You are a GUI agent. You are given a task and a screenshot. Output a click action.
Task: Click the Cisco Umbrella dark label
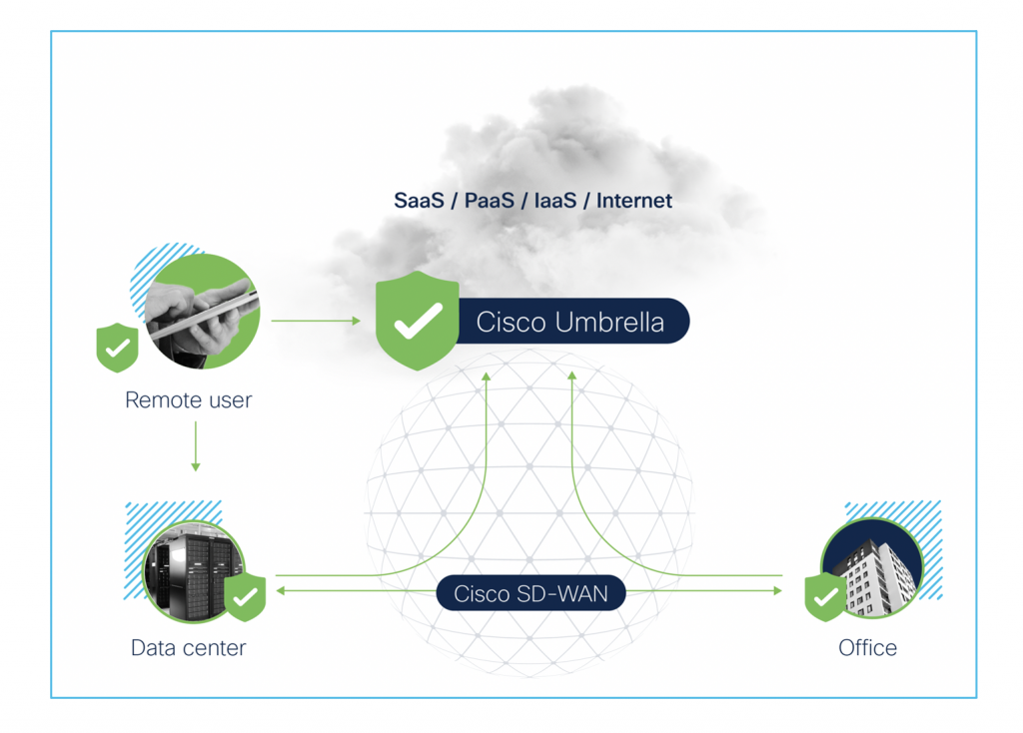[x=569, y=322]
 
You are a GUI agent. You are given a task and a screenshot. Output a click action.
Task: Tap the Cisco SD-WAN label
[x=529, y=593]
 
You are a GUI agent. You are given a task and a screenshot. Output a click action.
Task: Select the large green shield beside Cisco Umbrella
[x=417, y=320]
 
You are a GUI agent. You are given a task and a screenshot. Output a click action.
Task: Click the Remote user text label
[x=188, y=400]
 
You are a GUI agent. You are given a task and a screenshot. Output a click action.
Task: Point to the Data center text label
[x=188, y=647]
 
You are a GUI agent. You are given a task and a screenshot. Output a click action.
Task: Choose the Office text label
[x=867, y=647]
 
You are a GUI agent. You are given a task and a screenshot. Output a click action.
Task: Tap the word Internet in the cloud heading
[x=634, y=201]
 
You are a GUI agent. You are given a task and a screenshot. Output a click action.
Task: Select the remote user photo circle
[x=204, y=310]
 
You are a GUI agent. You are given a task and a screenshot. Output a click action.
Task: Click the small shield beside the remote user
[x=117, y=347]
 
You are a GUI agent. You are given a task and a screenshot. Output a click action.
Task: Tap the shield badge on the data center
[x=245, y=597]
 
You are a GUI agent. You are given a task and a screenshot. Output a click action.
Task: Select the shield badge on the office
[x=826, y=597]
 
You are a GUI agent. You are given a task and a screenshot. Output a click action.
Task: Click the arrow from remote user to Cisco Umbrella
[x=315, y=321]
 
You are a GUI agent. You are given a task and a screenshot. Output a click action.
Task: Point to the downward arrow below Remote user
[x=196, y=446]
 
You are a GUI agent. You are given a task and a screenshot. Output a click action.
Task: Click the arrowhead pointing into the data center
[x=281, y=591]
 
